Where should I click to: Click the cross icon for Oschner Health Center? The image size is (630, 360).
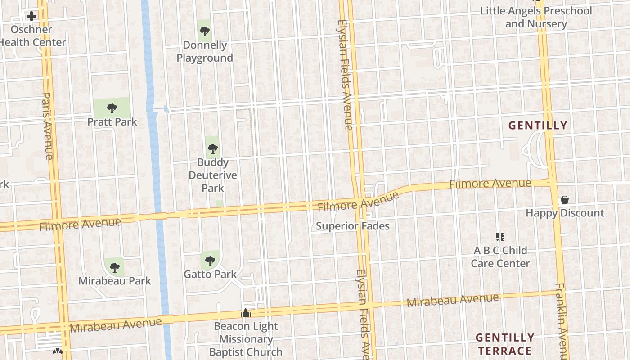coord(31,17)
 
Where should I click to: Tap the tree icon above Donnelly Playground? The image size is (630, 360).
coord(205,31)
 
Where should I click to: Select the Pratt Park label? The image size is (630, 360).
coord(112,122)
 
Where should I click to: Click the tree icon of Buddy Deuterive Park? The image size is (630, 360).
coord(213,148)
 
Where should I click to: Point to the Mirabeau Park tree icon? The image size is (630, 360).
coord(115,268)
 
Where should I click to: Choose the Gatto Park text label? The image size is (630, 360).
coord(210,274)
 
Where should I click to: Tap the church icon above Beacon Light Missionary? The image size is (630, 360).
coord(245,313)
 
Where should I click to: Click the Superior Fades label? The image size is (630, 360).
coord(352,226)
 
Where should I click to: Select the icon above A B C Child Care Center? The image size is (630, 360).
coord(500,237)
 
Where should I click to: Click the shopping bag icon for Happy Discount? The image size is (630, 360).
coord(564,200)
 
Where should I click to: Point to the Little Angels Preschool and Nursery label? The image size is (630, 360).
coord(536,17)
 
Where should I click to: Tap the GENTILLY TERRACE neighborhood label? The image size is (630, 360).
coord(505,344)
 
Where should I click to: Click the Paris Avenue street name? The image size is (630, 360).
coord(47,126)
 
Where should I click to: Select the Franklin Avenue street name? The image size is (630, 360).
coord(561,319)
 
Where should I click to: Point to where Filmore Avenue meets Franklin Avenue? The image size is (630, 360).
coord(552,182)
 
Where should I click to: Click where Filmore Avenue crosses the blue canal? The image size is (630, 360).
coord(159,216)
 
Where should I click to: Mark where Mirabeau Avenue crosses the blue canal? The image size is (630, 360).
coord(166,319)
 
